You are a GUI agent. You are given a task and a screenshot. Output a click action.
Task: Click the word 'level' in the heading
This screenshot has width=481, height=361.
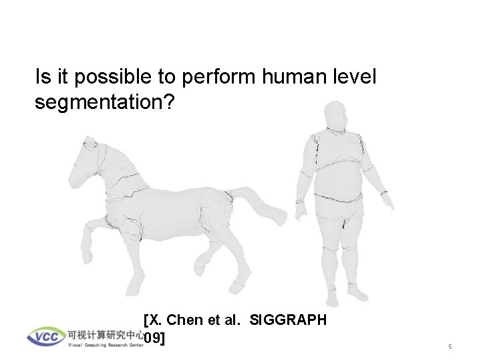(354, 78)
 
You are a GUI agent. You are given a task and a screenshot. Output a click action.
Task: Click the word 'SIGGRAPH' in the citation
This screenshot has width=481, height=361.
(288, 320)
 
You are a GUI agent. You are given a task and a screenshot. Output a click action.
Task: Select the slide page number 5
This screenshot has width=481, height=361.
(450, 347)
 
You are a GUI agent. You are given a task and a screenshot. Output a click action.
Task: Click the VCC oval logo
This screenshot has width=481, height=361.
(46, 336)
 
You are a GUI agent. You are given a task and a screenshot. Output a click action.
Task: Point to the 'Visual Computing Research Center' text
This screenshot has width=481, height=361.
(106, 345)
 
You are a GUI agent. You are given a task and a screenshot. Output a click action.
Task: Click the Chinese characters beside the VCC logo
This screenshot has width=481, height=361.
(106, 334)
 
